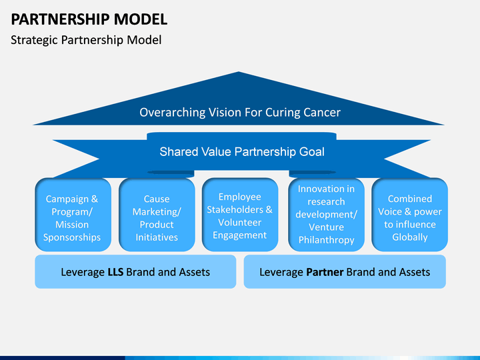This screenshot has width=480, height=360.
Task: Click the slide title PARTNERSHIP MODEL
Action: [89, 19]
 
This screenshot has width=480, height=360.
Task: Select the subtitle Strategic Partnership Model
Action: [86, 40]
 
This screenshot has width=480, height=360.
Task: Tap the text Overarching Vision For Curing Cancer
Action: [240, 113]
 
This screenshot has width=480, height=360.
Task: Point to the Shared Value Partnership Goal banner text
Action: [242, 152]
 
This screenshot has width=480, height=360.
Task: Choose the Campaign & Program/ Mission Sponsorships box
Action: [73, 215]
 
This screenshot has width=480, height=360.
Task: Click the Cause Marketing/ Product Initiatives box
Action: [157, 215]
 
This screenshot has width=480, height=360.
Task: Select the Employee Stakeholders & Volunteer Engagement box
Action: [240, 215]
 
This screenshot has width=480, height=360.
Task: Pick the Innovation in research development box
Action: [326, 215]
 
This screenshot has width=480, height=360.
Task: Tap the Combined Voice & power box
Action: [410, 215]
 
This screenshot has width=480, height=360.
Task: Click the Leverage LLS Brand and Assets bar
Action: [135, 272]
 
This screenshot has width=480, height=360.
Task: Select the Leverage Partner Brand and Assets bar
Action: [345, 272]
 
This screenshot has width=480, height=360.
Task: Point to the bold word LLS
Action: [115, 272]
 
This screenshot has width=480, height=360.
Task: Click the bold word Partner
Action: [325, 272]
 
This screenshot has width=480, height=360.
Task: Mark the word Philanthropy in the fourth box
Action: [326, 240]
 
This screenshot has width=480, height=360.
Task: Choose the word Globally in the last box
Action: [410, 237]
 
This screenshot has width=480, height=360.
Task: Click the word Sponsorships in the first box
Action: [72, 237]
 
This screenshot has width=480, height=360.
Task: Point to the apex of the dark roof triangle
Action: [239, 71]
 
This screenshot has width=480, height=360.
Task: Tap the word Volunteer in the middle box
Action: [240, 223]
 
